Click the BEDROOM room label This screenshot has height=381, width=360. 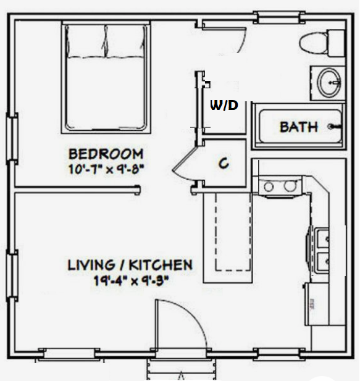tap(106, 154)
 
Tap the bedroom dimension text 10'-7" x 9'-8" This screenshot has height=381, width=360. tap(106, 169)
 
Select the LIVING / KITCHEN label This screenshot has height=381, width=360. tap(130, 265)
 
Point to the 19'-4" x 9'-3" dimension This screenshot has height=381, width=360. tap(131, 281)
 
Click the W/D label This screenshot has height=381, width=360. tap(224, 106)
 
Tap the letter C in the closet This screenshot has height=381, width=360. tap(224, 163)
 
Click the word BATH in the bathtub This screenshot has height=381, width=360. tap(299, 127)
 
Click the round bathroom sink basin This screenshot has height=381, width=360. tap(329, 82)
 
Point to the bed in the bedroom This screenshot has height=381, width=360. tap(106, 77)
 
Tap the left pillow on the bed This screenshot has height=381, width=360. tap(86, 41)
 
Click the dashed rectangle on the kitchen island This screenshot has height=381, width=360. tap(233, 232)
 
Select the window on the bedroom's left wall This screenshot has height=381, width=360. tap(12, 137)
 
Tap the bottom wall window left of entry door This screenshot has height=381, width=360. tap(69, 353)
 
